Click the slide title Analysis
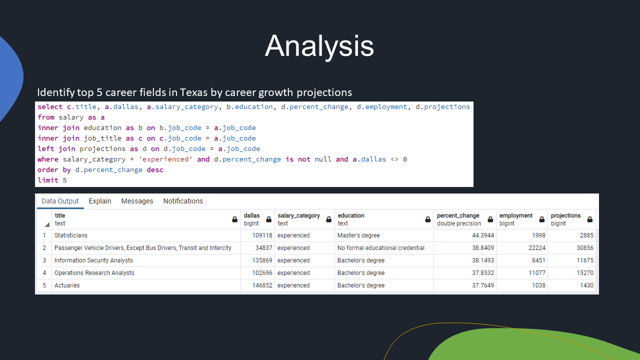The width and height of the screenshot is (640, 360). (x=319, y=46)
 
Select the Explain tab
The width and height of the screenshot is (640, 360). (x=100, y=201)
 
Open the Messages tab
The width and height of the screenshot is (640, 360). (x=137, y=201)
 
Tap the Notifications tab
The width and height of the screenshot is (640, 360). (x=183, y=201)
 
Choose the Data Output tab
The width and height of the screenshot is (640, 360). (x=60, y=201)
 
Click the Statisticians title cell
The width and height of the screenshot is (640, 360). (x=71, y=235)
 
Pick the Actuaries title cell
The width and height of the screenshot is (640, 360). (x=67, y=285)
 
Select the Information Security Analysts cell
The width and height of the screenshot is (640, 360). (x=93, y=260)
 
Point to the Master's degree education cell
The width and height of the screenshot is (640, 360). (x=358, y=235)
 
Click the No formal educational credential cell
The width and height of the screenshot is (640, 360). (x=380, y=248)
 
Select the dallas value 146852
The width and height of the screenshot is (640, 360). (x=262, y=285)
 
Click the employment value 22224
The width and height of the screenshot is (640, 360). (x=535, y=248)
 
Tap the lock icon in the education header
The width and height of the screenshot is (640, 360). (x=427, y=219)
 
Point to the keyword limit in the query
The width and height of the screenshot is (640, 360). (x=48, y=180)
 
